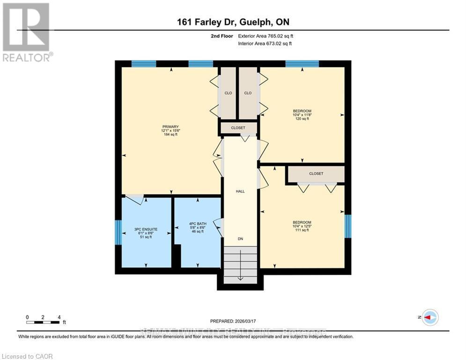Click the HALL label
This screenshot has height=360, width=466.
(240, 191)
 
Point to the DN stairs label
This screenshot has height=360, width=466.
(240, 239)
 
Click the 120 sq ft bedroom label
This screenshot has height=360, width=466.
(302, 115)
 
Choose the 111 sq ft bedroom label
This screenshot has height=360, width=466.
(302, 226)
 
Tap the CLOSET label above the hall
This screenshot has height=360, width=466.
(238, 127)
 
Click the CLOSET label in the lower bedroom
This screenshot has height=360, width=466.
(316, 173)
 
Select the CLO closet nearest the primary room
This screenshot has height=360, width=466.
(228, 93)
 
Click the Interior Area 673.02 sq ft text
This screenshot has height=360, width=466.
(266, 44)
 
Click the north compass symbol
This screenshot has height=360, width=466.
(429, 317)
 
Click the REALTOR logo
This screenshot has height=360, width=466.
(26, 32)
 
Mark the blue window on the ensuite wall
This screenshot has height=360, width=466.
(118, 233)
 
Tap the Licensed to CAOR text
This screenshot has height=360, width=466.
(27, 356)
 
